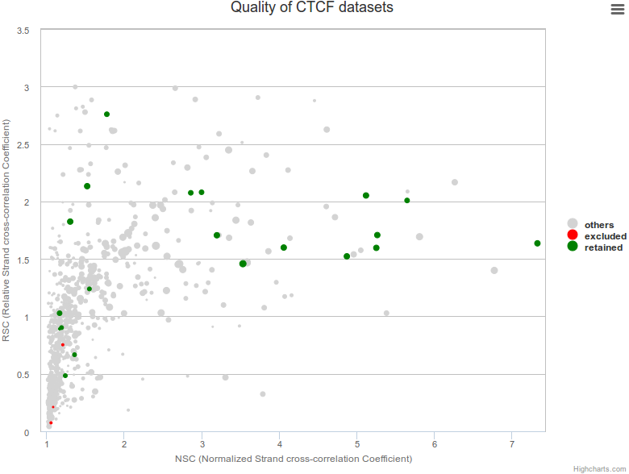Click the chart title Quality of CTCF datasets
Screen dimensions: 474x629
click(312, 8)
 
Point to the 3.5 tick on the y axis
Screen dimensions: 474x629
click(24, 31)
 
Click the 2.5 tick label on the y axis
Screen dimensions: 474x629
click(24, 145)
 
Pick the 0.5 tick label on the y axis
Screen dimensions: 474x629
click(24, 375)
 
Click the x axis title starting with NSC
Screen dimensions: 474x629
click(294, 459)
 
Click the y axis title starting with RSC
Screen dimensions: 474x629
click(7, 231)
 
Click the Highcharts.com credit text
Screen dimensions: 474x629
click(599, 468)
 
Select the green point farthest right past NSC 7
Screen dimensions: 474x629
click(537, 243)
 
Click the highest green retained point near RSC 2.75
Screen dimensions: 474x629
click(106, 114)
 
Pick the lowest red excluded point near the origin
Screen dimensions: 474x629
click(50, 422)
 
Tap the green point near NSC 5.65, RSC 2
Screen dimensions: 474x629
click(407, 201)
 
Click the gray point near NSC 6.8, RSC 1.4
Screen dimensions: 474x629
click(494, 271)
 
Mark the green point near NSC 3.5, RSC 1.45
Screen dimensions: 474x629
click(243, 264)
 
